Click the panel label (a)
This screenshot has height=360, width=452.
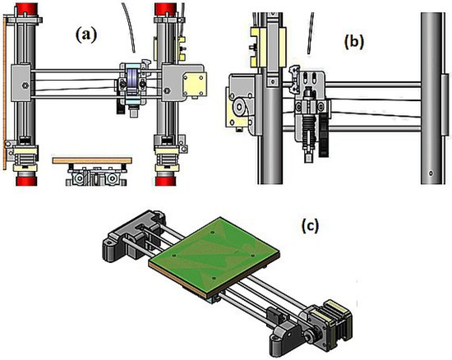86,35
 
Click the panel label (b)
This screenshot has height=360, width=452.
354,41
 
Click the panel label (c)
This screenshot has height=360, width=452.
310,225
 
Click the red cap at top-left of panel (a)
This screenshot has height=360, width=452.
26,10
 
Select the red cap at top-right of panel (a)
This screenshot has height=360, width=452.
165,9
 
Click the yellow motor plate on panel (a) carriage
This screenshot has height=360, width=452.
196,84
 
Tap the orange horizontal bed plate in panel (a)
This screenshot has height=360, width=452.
92,160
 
